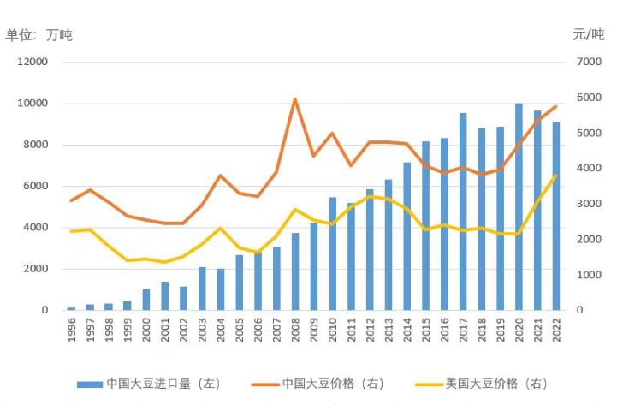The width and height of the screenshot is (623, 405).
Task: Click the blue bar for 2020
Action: point(519,206)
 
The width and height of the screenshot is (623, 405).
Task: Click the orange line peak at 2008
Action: point(295,99)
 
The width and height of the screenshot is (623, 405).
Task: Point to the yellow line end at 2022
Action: point(555,176)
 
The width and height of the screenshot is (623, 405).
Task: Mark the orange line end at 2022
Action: point(555,106)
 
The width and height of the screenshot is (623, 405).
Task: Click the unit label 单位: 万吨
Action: point(39,35)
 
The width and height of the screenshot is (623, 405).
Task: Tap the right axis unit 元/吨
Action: point(587,34)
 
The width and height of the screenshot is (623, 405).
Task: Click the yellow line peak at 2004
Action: point(221,228)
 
